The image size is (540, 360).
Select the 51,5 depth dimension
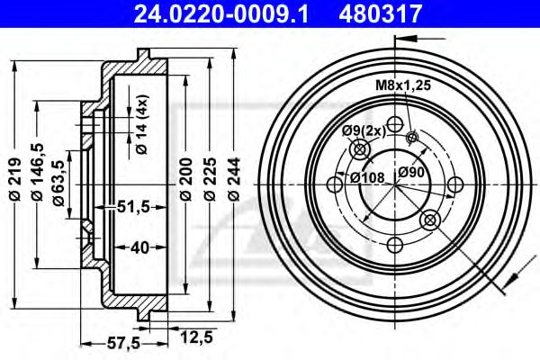pyautogui.click(x=133, y=208)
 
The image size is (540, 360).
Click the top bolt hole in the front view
pyautogui.click(x=394, y=125)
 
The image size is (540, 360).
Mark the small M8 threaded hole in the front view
pyautogui.click(x=413, y=137)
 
